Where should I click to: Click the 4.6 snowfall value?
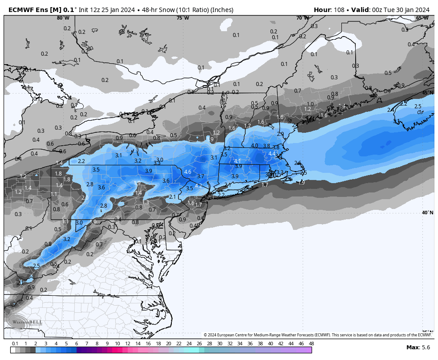(187, 172)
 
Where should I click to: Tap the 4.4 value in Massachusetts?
(272, 154)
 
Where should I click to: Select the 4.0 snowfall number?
(255, 146)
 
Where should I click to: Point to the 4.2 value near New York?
(199, 186)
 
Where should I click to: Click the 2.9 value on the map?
(280, 134)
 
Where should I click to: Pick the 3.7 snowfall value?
(200, 176)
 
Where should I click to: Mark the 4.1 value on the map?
(237, 161)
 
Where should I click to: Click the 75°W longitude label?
(182, 18)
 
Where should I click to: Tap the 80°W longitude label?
(63, 18)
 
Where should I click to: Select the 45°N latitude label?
(427, 93)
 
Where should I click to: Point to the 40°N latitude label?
(427, 213)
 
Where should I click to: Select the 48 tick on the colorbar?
(311, 344)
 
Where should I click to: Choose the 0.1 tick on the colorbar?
(15, 344)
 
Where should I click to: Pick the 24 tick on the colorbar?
(189, 344)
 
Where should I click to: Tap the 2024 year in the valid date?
(421, 10)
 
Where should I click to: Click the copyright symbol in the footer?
(206, 335)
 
